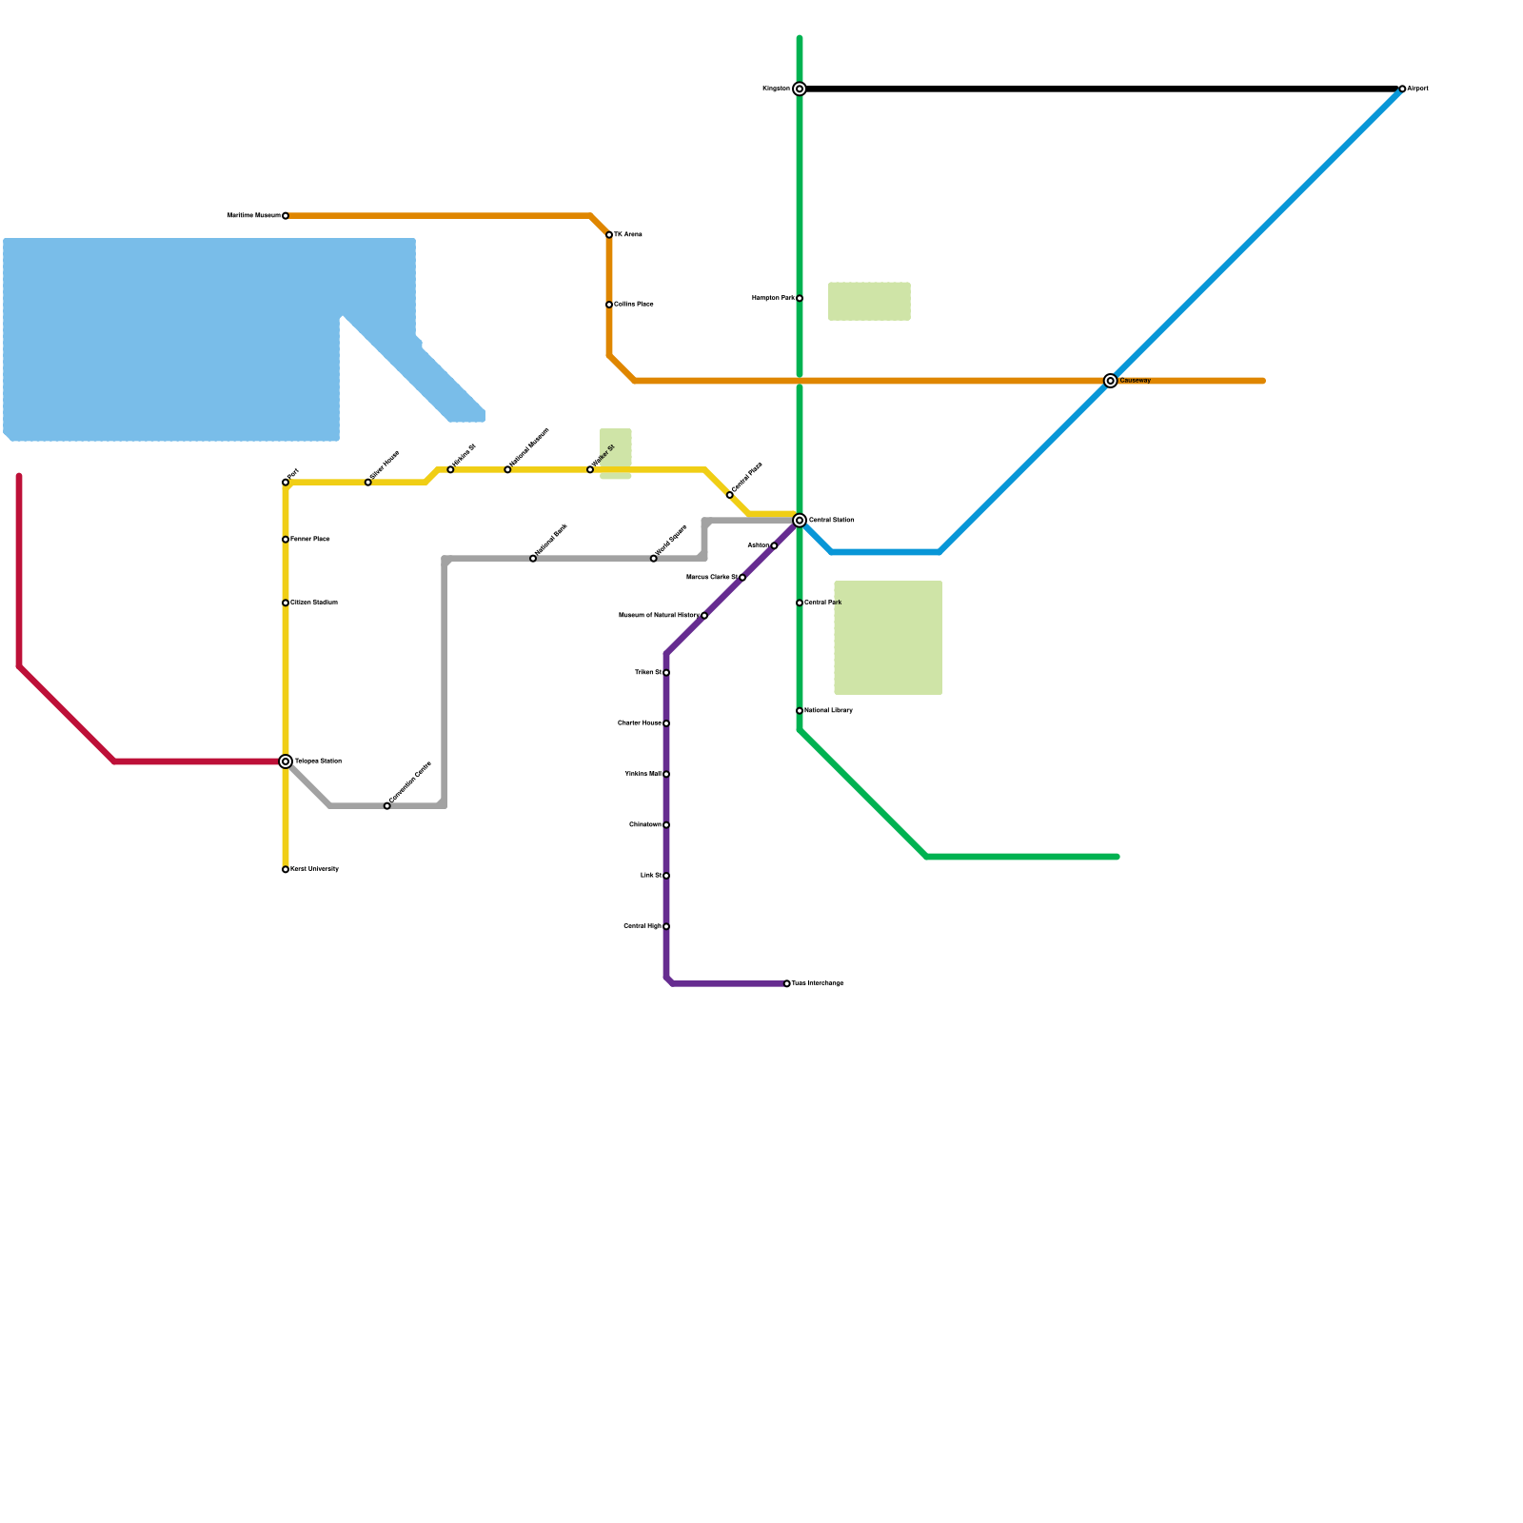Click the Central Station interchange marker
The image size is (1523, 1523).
tap(800, 520)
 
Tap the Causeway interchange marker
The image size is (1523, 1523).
tap(1110, 381)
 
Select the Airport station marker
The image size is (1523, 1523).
tap(1402, 89)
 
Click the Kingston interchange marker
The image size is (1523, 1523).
tap(800, 89)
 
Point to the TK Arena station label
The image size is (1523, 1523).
tap(628, 234)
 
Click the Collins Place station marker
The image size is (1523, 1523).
tap(609, 305)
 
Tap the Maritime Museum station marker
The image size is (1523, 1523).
tap(286, 216)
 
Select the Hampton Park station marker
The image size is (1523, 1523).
tap(800, 298)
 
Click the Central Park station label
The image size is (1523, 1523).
tap(822, 603)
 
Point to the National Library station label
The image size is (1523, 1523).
tap(828, 710)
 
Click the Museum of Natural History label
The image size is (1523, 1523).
tap(659, 615)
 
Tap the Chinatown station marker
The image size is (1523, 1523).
tap(666, 824)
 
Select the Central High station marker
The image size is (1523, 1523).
tap(666, 926)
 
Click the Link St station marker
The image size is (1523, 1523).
tap(666, 876)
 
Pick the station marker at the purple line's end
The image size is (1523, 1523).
tap(787, 983)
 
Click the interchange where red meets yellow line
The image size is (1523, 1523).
tap(286, 761)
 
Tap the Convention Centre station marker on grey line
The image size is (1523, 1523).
tap(386, 806)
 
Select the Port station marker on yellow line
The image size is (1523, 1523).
tap(286, 483)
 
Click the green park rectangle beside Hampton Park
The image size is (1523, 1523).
tap(869, 301)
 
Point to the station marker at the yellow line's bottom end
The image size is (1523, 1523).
tap(286, 869)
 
